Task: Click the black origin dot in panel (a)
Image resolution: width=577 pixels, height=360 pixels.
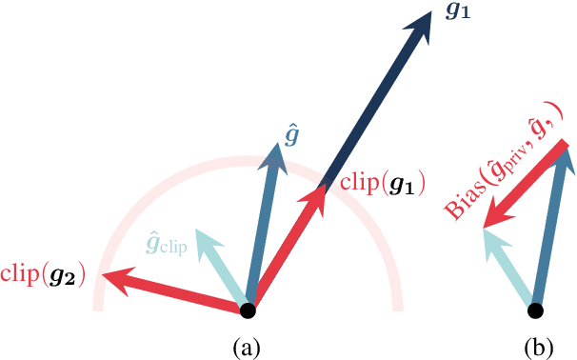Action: tap(249, 310)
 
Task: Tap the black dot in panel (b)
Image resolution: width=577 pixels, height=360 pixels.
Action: tap(536, 310)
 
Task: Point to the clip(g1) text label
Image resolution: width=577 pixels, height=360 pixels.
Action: tap(382, 181)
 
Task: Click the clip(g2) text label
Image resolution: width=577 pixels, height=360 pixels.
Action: tap(43, 276)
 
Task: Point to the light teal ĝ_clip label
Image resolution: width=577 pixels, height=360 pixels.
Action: tap(166, 244)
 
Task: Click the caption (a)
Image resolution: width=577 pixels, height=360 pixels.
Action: tap(249, 348)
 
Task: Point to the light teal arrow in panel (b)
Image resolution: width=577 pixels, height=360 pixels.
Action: tap(509, 270)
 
